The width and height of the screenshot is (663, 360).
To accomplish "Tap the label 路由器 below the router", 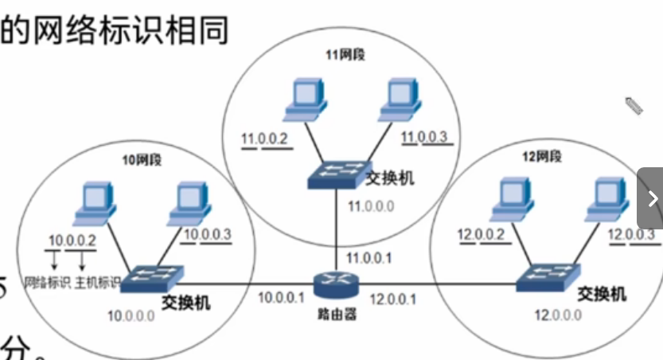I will coord(334,313).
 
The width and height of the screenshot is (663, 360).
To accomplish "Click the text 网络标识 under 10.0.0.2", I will coord(49,283).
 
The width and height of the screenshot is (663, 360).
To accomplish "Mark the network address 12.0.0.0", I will coord(557,315).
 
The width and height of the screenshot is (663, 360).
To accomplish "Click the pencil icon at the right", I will coord(633,105).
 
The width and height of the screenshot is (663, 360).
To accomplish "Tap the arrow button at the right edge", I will coord(652,198).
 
